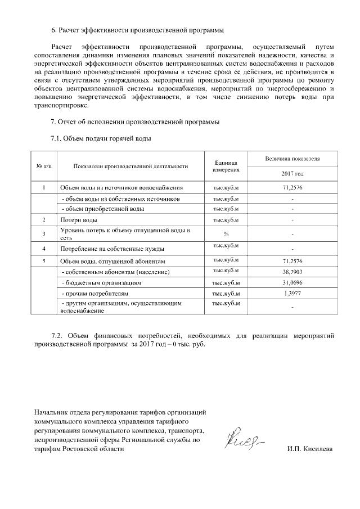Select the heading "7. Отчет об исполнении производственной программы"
point(135,122)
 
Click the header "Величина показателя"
point(293,159)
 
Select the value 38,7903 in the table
point(293,272)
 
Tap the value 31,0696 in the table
point(293,282)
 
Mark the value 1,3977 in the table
point(293,294)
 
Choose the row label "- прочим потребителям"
point(95,294)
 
